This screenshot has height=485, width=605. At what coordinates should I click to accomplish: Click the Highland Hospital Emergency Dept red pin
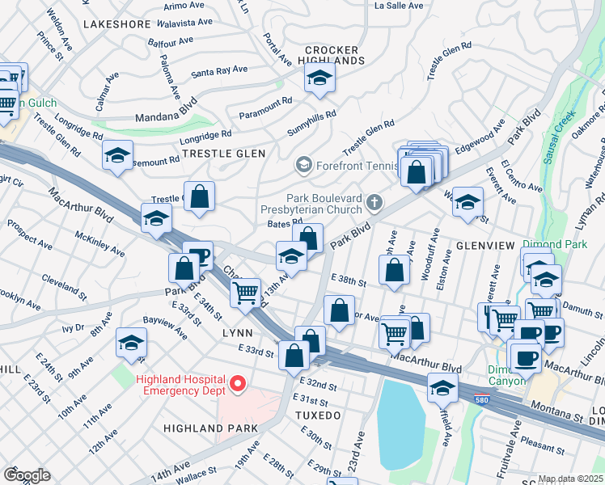[x=237, y=384]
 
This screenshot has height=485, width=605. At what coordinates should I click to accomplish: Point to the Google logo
[x=26, y=475]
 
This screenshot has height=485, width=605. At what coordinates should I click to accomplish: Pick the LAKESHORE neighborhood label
[x=116, y=24]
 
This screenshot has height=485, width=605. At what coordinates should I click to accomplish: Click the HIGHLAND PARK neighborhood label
[x=210, y=428]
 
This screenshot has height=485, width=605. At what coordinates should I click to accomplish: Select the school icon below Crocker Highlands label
[x=319, y=78]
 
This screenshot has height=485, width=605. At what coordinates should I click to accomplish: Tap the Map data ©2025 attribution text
[x=571, y=479]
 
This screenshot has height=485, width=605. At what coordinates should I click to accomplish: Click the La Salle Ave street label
[x=399, y=6]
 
